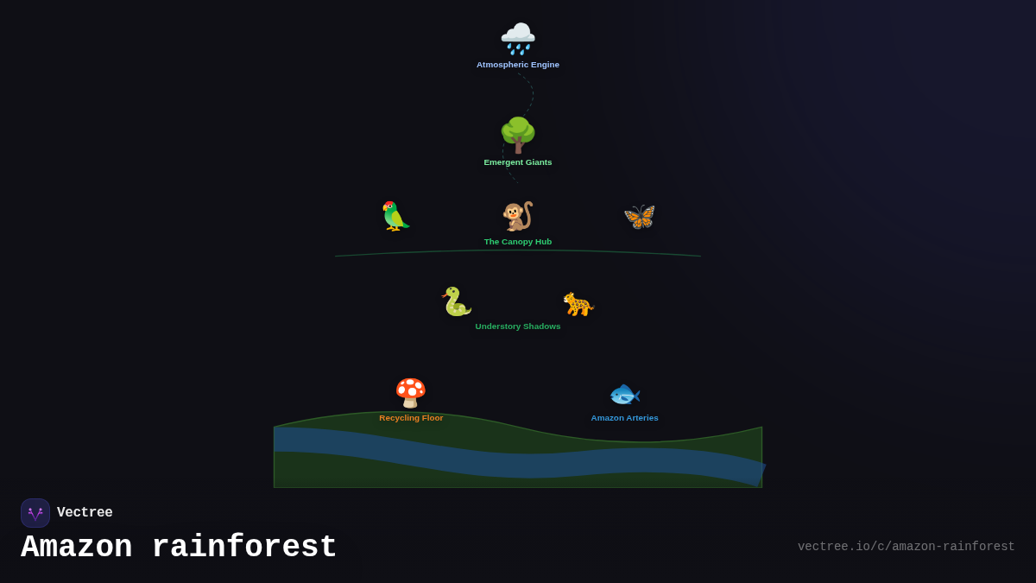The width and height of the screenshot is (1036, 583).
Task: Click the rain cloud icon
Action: [518, 39]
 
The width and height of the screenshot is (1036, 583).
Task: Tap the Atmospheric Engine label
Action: [518, 65]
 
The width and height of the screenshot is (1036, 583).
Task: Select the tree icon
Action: [518, 135]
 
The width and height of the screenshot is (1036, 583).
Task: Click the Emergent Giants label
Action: [518, 162]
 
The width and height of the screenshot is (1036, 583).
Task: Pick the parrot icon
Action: [395, 216]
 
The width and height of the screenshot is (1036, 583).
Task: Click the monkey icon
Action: [518, 216]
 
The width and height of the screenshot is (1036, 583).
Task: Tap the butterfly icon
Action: [640, 216]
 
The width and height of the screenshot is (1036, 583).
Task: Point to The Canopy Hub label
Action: [518, 242]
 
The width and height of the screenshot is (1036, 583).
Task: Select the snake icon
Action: [456, 301]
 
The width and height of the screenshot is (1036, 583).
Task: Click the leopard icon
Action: [578, 304]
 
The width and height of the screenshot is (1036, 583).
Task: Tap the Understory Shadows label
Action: [518, 326]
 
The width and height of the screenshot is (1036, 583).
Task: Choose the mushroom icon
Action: [411, 393]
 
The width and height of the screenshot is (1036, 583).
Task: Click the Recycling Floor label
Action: [411, 418]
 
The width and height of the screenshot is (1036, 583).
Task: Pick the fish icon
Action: [624, 395]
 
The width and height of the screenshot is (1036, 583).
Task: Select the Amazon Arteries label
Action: [624, 418]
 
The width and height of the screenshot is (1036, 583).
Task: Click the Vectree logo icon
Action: [35, 513]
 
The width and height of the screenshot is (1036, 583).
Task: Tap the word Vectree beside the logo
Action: [85, 513]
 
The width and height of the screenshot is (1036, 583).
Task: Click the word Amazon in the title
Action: [76, 548]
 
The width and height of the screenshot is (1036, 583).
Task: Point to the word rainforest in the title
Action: [244, 548]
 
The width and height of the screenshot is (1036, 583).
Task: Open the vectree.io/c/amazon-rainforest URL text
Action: [906, 547]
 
